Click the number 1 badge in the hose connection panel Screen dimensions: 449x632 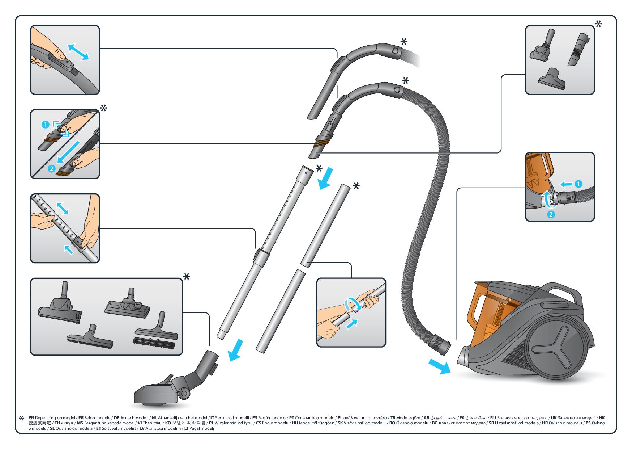coord(578,184)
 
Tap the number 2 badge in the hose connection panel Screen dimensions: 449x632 coord(551,214)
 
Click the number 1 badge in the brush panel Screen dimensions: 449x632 coord(45,125)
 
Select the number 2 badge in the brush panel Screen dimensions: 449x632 coord(51,168)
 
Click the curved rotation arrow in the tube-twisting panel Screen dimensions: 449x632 coord(352,304)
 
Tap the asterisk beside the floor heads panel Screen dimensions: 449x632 coord(187,277)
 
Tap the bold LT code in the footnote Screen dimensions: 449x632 coord(187,429)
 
